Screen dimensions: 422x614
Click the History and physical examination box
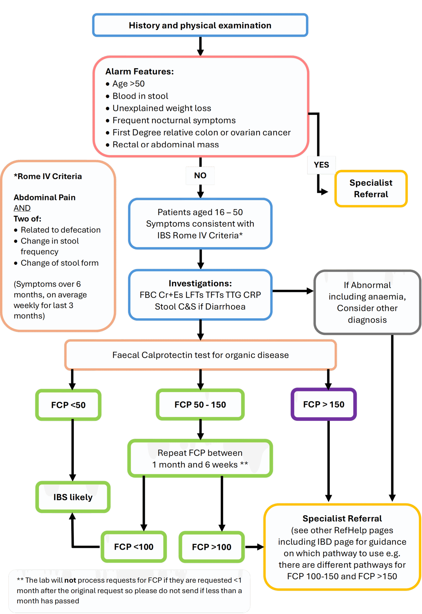(200, 25)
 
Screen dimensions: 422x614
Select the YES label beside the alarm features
(321, 165)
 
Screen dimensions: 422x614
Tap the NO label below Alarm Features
(200, 175)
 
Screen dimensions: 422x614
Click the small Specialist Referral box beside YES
(371, 188)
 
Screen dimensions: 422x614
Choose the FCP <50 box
(68, 405)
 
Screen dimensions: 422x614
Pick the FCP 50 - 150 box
(200, 404)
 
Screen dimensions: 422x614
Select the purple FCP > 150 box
(324, 404)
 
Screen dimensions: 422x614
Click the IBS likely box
(73, 497)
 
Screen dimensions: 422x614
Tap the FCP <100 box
(134, 547)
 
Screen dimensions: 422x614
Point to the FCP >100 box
(211, 547)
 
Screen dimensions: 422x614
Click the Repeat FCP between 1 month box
(200, 458)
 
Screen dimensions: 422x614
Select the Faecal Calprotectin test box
(201, 355)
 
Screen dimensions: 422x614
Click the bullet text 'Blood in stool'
(140, 96)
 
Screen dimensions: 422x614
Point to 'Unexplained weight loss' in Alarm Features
(162, 108)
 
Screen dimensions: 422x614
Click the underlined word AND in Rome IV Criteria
(22, 208)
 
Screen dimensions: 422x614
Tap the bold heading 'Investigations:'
(200, 283)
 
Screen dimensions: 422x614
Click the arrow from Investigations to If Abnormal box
(293, 291)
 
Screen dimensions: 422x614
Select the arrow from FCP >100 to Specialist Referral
(255, 547)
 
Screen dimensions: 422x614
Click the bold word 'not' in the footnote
(70, 580)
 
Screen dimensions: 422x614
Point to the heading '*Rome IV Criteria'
(48, 176)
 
